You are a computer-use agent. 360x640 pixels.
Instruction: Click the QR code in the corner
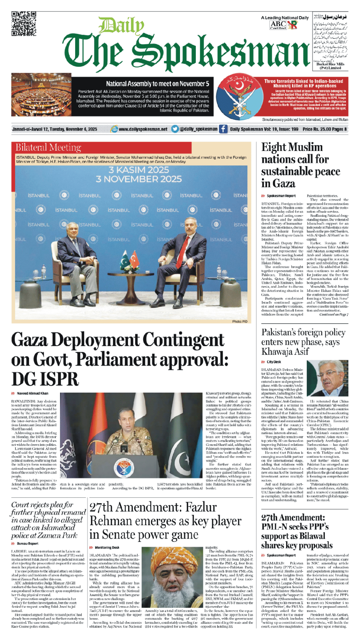24,23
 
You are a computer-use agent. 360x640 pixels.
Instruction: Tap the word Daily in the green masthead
121,26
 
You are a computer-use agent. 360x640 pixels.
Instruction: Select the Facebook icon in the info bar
223,129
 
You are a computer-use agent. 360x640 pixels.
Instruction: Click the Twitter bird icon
175,129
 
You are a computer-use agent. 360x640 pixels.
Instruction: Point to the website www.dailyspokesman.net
143,129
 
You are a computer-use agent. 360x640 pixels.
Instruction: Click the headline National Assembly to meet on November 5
157,84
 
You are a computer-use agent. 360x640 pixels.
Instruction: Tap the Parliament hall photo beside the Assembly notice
41,95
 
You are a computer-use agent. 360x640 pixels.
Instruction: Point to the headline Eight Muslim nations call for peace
300,165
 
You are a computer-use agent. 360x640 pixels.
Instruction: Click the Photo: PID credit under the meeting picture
240,322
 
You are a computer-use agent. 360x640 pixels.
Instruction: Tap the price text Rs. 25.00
323,129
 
